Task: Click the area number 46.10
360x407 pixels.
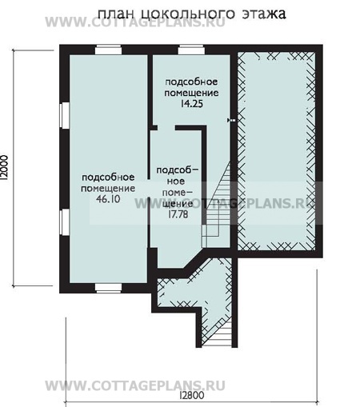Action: point(108,199)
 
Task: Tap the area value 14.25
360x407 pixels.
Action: point(191,103)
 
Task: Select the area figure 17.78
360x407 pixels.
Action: point(178,214)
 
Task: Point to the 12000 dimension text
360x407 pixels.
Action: point(6,168)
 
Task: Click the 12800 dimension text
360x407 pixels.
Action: point(192,395)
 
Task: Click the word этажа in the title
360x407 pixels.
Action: point(264,14)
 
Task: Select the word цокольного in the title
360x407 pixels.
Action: point(187,14)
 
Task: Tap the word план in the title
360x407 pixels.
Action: point(116,14)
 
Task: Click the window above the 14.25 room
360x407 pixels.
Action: point(191,50)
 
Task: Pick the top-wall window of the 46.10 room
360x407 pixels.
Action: point(108,50)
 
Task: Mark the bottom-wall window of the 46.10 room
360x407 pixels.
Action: point(108,288)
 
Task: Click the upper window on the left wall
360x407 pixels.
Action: point(65,115)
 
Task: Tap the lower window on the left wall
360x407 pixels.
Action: point(65,222)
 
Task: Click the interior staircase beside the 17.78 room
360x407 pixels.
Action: point(218,205)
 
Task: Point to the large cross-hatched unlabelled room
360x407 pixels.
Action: point(276,151)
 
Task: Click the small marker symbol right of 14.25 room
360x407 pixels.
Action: point(231,121)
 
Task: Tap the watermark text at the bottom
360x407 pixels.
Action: point(135,385)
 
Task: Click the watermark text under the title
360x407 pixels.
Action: point(135,22)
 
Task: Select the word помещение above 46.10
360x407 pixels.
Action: point(108,188)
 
